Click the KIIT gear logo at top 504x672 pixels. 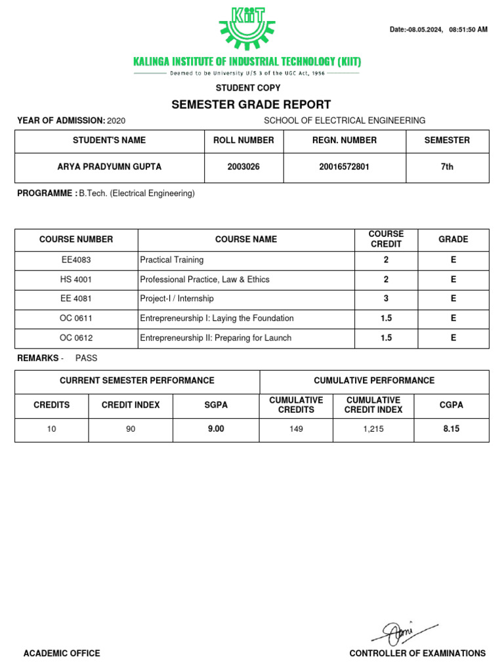coord(247,28)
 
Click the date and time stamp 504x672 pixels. coord(438,30)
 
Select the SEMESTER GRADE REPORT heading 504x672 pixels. coord(251,104)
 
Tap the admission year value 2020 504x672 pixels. coord(115,121)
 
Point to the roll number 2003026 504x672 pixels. coord(243,167)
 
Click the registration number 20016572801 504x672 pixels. coord(345,167)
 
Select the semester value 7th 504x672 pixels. coord(447,167)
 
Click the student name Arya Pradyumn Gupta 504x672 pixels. coord(109,167)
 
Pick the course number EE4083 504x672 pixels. coord(76,260)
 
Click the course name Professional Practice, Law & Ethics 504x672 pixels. coord(205,280)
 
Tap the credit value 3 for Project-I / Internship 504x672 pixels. coord(386,299)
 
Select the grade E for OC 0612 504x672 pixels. coord(453,338)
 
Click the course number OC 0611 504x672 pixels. coord(76,318)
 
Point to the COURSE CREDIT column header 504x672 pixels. coord(386,239)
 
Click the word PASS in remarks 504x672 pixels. coord(86,358)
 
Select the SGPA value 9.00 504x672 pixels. coord(216,429)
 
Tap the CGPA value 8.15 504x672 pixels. coord(451,429)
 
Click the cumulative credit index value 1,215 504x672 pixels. coord(373,429)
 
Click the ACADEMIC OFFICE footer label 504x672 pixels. coord(62,653)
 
